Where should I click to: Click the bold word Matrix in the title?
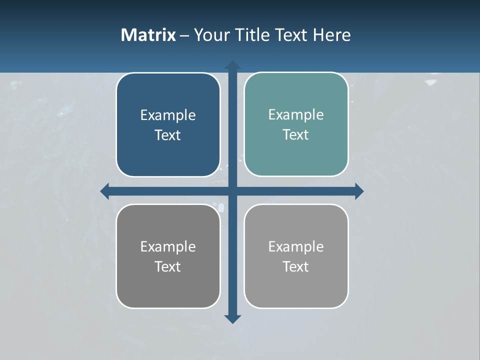pos(148,35)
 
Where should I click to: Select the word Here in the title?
pos(332,35)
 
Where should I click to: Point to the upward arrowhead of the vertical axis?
pos(232,65)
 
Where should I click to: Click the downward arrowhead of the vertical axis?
pos(232,319)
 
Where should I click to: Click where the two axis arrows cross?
pos(232,191)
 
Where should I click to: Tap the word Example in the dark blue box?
pos(168,115)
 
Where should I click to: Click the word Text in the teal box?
pos(296,135)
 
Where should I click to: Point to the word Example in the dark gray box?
pos(168,247)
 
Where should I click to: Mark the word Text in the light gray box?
pos(296,267)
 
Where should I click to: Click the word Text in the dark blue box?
pos(168,135)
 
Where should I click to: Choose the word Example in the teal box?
pos(296,115)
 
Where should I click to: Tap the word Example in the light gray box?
pos(296,247)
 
